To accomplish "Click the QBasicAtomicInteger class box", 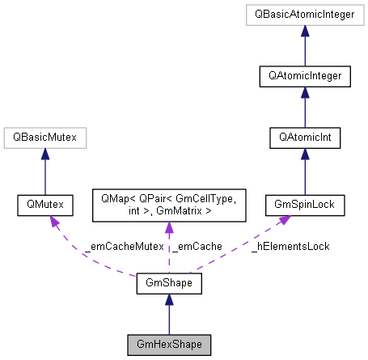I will (x=304, y=14).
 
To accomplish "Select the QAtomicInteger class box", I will (x=304, y=76).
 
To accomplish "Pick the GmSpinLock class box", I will (x=304, y=206).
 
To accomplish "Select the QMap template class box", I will (x=168, y=206).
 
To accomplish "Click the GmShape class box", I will (x=168, y=284).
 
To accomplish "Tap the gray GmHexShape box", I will (x=168, y=345).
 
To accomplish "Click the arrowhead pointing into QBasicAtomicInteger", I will (x=304, y=30).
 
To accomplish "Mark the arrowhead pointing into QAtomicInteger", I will (x=304, y=92).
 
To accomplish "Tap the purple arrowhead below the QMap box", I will (x=168, y=230).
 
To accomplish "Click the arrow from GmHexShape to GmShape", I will (x=168, y=316).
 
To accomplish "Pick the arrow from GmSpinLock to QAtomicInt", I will (x=304, y=174).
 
